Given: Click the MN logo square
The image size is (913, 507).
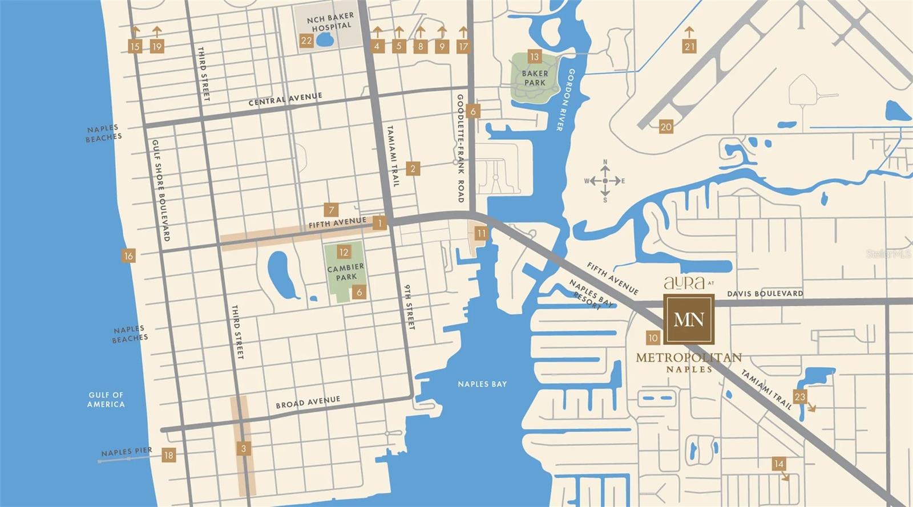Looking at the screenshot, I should pyautogui.click(x=689, y=319).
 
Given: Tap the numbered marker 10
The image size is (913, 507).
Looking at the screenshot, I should pyautogui.click(x=653, y=338).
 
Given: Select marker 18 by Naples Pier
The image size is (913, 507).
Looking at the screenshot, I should pyautogui.click(x=168, y=455).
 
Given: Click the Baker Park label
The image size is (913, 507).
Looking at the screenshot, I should pyautogui.click(x=535, y=78).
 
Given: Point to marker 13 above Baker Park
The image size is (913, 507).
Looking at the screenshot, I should pyautogui.click(x=534, y=56).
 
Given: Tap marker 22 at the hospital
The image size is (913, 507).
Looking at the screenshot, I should pyautogui.click(x=306, y=40).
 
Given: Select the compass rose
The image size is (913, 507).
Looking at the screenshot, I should pyautogui.click(x=605, y=181).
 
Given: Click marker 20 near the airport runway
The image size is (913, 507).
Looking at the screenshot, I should pyautogui.click(x=666, y=127).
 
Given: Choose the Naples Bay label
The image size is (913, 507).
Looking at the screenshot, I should pyautogui.click(x=482, y=384).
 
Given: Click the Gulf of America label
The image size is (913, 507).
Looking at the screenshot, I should pyautogui.click(x=106, y=399).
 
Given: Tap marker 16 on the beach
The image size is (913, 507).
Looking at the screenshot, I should pyautogui.click(x=128, y=256).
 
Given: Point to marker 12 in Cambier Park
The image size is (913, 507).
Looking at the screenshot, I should pyautogui.click(x=344, y=252).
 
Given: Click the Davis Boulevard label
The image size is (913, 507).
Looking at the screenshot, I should pyautogui.click(x=765, y=294).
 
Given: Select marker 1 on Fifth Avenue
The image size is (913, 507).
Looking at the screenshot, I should pyautogui.click(x=379, y=223).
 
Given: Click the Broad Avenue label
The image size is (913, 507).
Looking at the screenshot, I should pyautogui.click(x=308, y=402).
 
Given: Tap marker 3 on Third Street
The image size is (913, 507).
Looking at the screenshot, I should pyautogui.click(x=244, y=449).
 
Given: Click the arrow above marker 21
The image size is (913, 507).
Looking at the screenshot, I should pyautogui.click(x=689, y=31).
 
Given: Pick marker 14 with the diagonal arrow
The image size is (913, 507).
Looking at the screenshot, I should pyautogui.click(x=779, y=464).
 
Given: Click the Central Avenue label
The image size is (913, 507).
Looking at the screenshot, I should pyautogui.click(x=285, y=99).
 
